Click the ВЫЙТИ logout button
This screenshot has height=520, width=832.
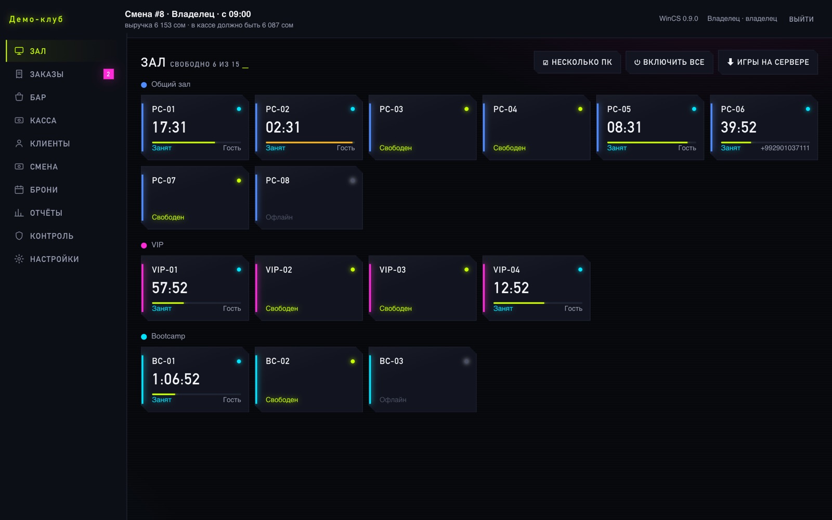point(801,19)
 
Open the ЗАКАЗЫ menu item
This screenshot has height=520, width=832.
point(47,74)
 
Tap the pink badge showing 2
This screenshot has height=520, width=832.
point(109,74)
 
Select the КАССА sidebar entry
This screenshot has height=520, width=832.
point(43,120)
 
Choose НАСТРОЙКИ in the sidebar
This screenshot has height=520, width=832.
point(54,259)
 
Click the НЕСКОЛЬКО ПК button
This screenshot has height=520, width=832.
point(577,62)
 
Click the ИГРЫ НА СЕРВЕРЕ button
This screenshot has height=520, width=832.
point(768,62)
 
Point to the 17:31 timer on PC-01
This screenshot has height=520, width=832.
point(169,127)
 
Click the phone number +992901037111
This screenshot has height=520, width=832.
point(785,148)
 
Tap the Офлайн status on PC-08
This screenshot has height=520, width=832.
point(279,217)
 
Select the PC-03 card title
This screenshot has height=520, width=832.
point(391,109)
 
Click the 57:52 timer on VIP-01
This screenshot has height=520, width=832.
point(170,288)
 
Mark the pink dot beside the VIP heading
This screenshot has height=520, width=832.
point(144,245)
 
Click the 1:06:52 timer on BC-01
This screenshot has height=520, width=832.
point(176,379)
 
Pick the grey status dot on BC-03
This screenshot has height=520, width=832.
point(466,361)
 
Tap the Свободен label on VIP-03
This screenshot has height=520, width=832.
point(396,309)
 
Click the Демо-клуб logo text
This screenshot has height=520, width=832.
point(36,19)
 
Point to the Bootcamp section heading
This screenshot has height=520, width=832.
point(168,336)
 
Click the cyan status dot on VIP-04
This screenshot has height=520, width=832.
point(580,270)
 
